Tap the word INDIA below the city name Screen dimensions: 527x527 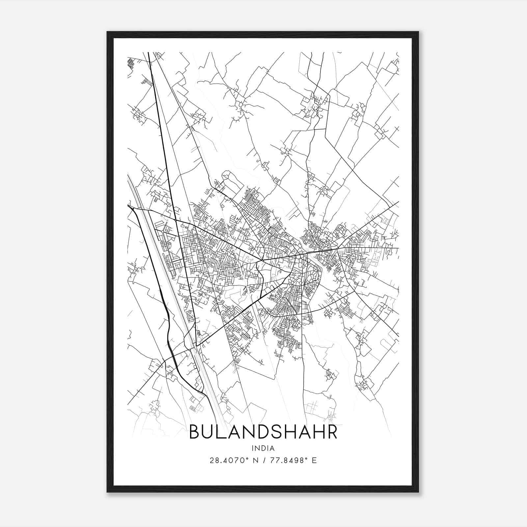tap(263, 448)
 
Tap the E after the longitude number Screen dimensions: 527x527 tap(315, 460)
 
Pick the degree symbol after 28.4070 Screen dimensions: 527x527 tap(247, 458)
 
